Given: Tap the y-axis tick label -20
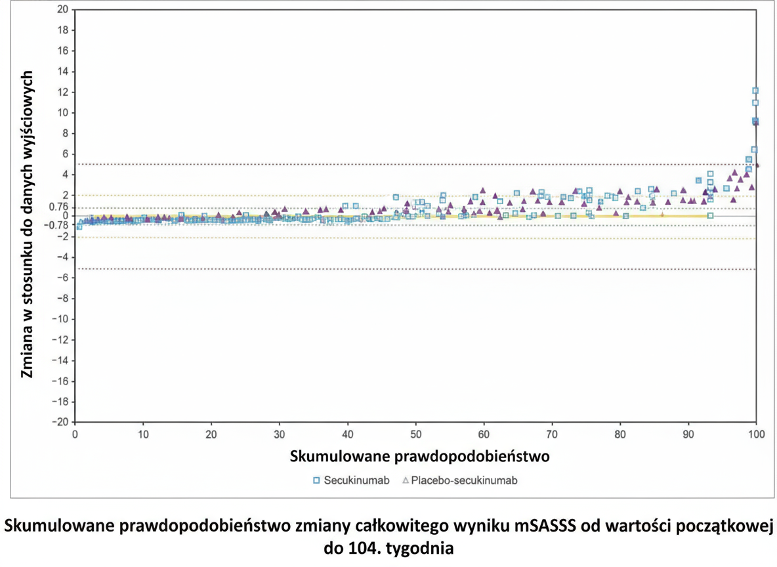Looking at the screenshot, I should pos(60,422).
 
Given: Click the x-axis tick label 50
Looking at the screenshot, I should pos(415,434).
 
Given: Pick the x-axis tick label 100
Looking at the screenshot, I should pos(756,434).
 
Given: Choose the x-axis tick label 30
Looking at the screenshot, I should pos(280,434).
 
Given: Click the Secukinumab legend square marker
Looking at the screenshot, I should pos(316,480).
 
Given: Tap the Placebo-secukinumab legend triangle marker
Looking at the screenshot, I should pos(406,480).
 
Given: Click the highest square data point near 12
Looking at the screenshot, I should pos(755,91).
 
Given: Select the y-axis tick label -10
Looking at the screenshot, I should pos(60,319).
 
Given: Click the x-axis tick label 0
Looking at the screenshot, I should pos(75,434).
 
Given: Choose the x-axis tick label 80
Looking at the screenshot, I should pos(620,434).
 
